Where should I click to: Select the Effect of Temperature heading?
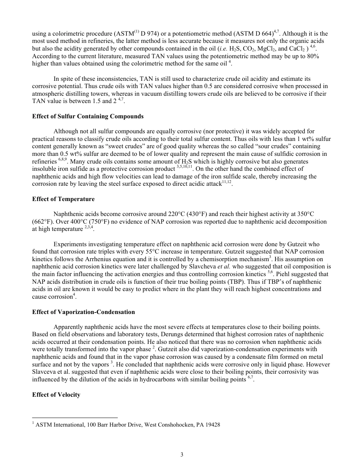click(x=63, y=199)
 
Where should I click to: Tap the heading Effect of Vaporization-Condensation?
click(x=84, y=312)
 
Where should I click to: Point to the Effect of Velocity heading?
click(x=56, y=395)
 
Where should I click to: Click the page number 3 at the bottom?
click(x=182, y=455)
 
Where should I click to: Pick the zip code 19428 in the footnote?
click(x=212, y=425)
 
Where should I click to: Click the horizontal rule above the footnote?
click(x=75, y=417)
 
